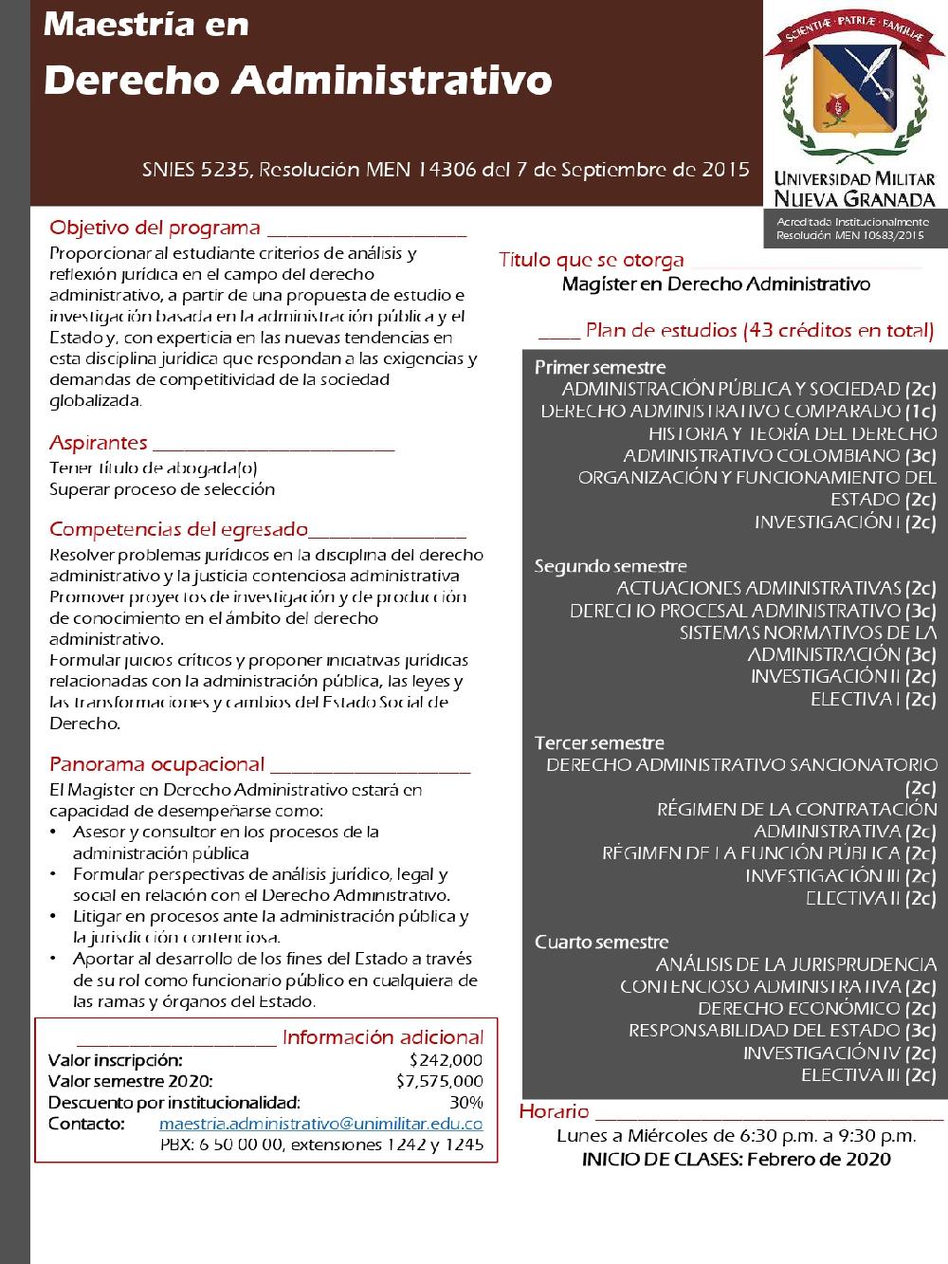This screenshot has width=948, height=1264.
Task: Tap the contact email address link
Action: [320, 1124]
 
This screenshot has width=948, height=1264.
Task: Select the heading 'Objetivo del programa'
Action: [155, 229]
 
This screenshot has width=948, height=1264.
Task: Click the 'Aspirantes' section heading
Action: [99, 443]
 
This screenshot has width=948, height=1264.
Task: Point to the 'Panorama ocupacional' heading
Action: [156, 764]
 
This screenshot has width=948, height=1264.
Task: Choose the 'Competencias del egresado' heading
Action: [178, 529]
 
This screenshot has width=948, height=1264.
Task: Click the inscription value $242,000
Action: [446, 1060]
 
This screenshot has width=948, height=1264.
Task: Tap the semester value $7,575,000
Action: [439, 1081]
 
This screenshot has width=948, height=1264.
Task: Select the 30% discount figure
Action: [465, 1102]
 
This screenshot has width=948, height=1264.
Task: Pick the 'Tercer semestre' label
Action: [599, 742]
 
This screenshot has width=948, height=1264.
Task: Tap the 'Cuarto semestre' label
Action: [601, 942]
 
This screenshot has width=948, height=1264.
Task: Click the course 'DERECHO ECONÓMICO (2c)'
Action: [816, 1008]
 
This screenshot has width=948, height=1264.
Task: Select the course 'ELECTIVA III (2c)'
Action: [868, 1074]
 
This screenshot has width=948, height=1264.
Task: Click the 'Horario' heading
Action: [555, 1111]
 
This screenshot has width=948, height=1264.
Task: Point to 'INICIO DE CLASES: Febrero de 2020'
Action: [736, 1159]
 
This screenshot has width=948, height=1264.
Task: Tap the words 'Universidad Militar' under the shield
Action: [854, 179]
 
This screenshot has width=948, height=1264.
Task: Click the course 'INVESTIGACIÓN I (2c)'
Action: [845, 522]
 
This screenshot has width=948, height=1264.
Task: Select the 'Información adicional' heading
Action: [382, 1037]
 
